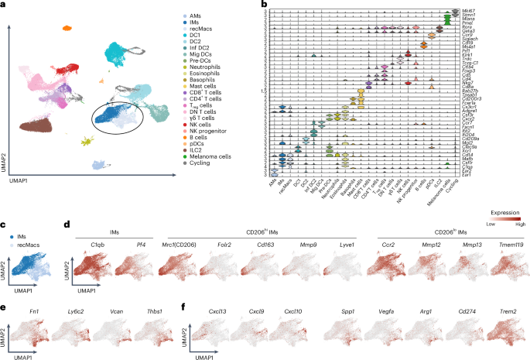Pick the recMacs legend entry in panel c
[x=27, y=232]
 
